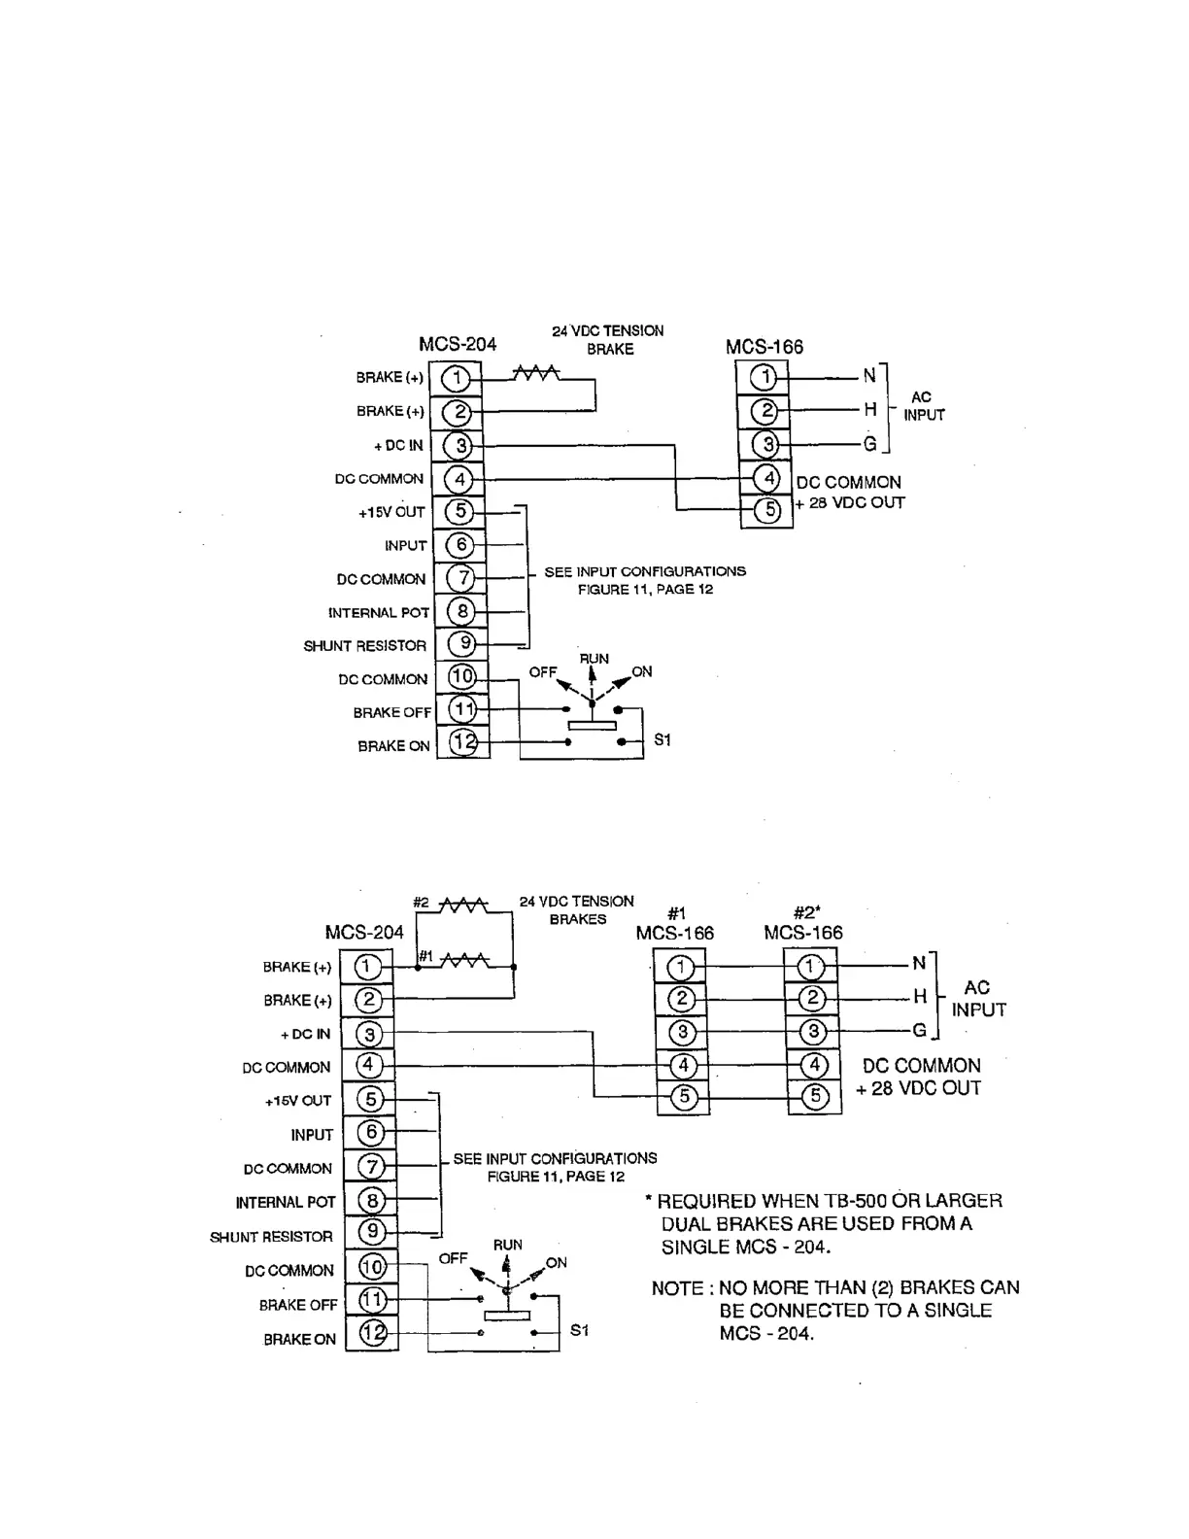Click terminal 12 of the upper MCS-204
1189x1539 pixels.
point(464,743)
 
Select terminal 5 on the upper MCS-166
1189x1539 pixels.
point(767,509)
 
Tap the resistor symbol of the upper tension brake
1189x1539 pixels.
point(535,373)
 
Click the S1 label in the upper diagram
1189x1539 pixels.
point(662,740)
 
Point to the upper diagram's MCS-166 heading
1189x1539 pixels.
point(764,347)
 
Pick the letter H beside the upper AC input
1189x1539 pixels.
point(870,410)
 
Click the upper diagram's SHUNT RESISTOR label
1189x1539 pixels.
point(365,646)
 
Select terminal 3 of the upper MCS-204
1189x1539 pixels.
point(460,446)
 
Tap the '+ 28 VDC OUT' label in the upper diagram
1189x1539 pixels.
point(851,503)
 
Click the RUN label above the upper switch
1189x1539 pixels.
point(594,659)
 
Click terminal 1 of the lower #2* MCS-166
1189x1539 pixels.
point(811,967)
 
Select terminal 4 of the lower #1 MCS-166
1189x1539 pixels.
point(683,1066)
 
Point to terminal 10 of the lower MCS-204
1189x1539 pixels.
point(372,1267)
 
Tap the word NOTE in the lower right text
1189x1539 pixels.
point(678,1288)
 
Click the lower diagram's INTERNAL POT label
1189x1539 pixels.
point(286,1203)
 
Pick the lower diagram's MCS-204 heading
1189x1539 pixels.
point(364,933)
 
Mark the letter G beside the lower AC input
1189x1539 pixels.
point(919,1030)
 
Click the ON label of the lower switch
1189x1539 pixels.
point(556,1263)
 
